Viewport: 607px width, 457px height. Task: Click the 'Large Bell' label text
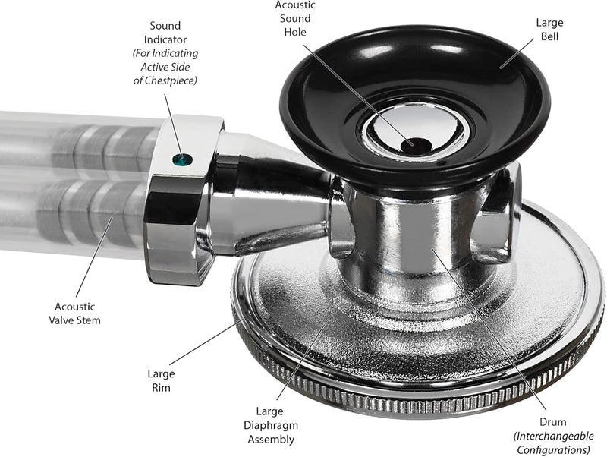tap(549, 30)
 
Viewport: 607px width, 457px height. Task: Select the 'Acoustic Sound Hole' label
tap(295, 18)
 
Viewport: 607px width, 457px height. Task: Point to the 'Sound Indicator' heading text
tap(165, 33)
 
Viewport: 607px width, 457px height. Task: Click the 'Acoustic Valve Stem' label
tap(74, 314)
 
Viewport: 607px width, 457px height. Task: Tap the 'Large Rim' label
tap(161, 380)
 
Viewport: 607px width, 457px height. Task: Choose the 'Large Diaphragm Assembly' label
tap(271, 425)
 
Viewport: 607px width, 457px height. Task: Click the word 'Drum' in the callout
tap(553, 422)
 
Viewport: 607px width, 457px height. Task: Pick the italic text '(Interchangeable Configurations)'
tap(553, 443)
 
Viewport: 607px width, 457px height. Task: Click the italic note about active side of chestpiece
tap(165, 67)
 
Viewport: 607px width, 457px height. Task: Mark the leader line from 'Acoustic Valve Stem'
tap(94, 257)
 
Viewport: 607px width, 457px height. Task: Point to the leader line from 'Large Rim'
tap(206, 342)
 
